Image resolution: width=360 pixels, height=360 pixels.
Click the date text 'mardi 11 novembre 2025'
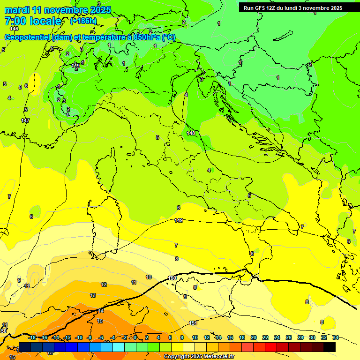(x=58, y=10)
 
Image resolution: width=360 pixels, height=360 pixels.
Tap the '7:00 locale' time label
(x=33, y=21)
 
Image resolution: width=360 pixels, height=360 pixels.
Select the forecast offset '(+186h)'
(x=83, y=21)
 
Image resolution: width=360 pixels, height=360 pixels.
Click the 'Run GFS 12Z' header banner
(x=292, y=8)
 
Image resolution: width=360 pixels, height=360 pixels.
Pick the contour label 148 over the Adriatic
(x=191, y=133)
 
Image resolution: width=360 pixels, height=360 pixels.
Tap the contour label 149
(x=179, y=220)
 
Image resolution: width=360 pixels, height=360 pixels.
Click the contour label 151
(x=193, y=323)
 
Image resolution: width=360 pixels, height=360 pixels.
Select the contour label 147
(x=25, y=120)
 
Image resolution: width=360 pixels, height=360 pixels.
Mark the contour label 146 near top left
(x=14, y=29)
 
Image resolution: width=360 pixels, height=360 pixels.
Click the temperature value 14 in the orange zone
(x=101, y=311)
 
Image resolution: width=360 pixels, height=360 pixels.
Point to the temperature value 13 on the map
(x=93, y=295)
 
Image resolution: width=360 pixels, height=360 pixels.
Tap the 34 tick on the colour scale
(x=335, y=337)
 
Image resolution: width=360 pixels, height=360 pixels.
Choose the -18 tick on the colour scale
(x=32, y=337)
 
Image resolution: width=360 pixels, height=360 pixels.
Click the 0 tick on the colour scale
(x=135, y=337)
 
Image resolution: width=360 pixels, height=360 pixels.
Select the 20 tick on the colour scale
(x=253, y=337)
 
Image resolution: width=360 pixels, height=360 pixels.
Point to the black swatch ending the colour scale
(x=330, y=347)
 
